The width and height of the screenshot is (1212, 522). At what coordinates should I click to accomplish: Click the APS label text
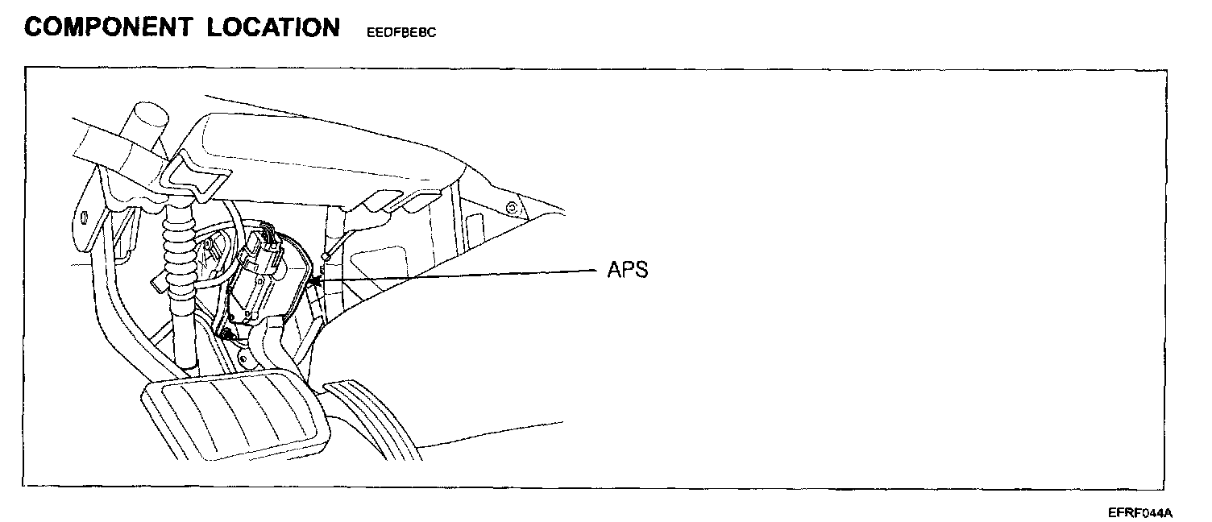627,270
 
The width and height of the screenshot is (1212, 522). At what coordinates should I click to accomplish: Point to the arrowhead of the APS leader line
312,281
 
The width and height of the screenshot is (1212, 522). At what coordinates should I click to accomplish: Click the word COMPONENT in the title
108,27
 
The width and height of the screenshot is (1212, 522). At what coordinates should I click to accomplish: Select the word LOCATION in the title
273,27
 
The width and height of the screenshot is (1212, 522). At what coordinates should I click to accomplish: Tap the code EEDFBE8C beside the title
401,33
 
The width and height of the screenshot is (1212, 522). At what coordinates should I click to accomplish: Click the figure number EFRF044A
1140,512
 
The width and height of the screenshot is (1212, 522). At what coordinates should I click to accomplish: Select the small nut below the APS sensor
230,333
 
